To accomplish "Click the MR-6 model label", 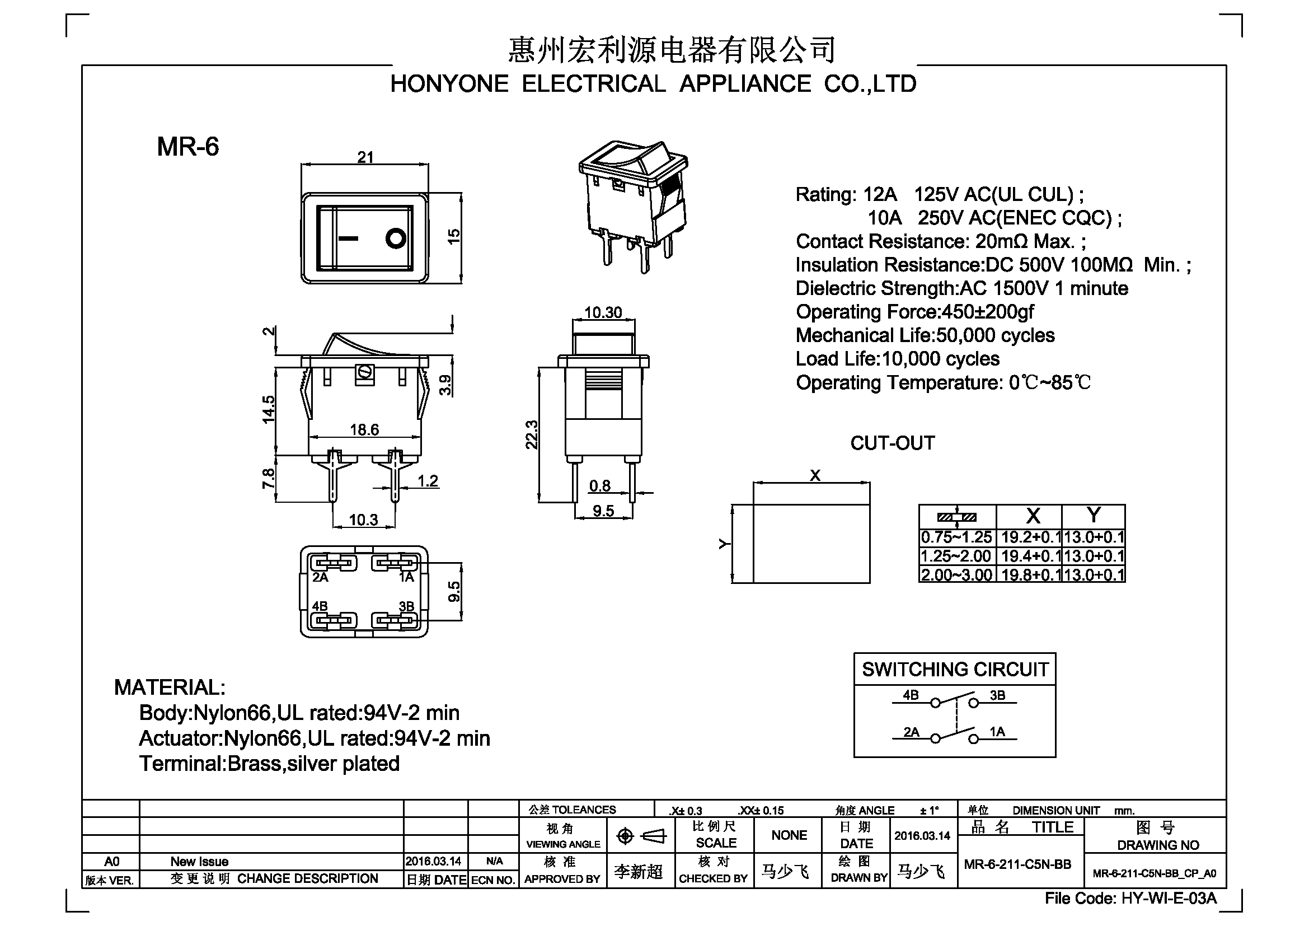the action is (x=187, y=147).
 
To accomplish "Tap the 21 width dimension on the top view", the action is (x=365, y=157).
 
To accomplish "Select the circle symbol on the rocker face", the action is (x=396, y=238).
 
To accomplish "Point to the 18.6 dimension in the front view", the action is (x=364, y=429).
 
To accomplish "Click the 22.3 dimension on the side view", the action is (x=531, y=434).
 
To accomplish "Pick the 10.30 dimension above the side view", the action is (x=603, y=312).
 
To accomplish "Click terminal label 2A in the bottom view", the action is (x=320, y=577).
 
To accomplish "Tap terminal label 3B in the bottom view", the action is (x=406, y=606).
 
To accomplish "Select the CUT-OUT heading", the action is (x=892, y=443).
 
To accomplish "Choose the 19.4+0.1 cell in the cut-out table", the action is (x=1031, y=556).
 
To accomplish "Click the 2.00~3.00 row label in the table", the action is (x=956, y=574).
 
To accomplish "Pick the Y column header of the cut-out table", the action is (x=1093, y=516).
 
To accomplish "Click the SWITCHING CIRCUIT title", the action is (x=955, y=669).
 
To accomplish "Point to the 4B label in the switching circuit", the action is (x=911, y=695).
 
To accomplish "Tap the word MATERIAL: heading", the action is (x=170, y=687).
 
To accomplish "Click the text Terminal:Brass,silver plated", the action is (x=269, y=764).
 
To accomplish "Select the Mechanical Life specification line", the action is (x=925, y=335).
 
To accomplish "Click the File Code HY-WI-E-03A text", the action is (x=1130, y=899).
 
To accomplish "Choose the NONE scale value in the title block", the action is (x=789, y=835).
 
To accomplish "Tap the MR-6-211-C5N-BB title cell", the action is (x=1017, y=864).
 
